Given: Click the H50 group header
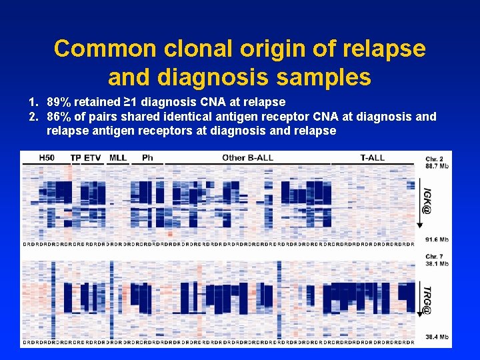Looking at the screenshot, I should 47,158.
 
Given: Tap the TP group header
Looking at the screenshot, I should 75,158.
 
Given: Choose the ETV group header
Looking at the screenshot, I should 93,158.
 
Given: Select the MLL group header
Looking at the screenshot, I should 118,158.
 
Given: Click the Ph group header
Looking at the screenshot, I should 147,158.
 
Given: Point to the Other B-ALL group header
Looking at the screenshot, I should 247,158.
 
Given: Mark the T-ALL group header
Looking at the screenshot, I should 372,158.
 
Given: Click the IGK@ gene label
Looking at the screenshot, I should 426,199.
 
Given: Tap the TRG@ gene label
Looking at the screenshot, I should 426,300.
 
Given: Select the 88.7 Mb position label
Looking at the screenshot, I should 437,165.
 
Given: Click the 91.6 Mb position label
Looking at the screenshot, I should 437,239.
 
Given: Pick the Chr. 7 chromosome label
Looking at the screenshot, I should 435,257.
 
